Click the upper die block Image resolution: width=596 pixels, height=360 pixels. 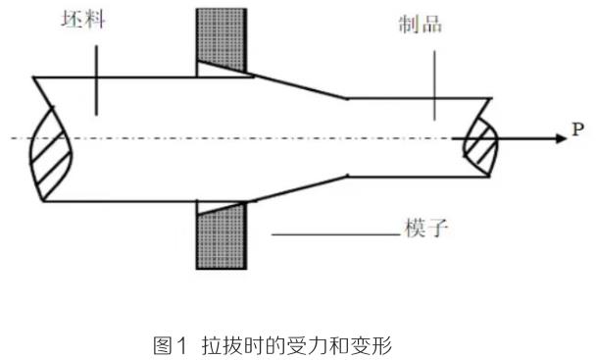click(x=221, y=34)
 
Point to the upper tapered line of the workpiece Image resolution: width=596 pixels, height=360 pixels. click(x=299, y=85)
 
